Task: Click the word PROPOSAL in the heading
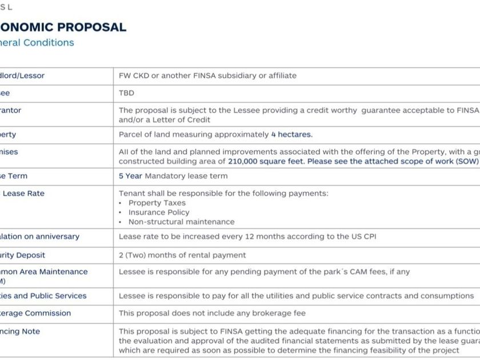pyautogui.click(x=91, y=27)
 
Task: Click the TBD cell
pyautogui.click(x=126, y=93)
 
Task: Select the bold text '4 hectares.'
pyautogui.click(x=291, y=135)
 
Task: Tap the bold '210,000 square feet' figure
pyautogui.click(x=265, y=161)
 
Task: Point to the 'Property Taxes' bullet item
pyautogui.click(x=157, y=203)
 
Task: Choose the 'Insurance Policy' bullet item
pyautogui.click(x=159, y=212)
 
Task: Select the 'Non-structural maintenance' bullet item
pyautogui.click(x=181, y=222)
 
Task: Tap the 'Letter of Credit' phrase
pyautogui.click(x=179, y=119)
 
